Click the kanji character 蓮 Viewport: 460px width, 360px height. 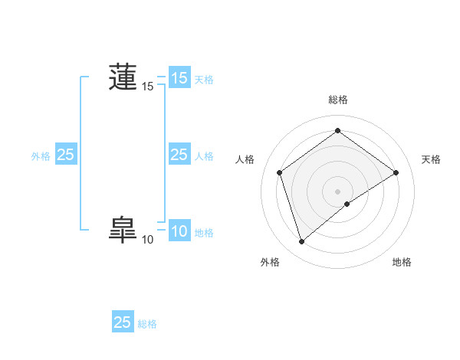tap(123, 77)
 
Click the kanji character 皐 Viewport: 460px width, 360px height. tap(123, 230)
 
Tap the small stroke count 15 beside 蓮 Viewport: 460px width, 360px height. tap(147, 87)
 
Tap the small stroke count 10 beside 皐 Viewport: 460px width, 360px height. tap(147, 240)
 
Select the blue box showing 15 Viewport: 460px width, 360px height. tap(179, 78)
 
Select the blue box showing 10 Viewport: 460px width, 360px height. tap(179, 231)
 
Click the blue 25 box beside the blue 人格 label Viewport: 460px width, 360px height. tap(179, 155)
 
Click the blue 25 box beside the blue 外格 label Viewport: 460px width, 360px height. tap(66, 155)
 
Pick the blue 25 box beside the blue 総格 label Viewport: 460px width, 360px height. tap(123, 322)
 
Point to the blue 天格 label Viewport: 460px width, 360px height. tap(204, 79)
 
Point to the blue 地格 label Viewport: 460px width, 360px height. tap(204, 233)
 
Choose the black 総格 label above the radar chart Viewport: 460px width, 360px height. tap(337, 100)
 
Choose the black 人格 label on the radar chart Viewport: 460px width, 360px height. tap(245, 159)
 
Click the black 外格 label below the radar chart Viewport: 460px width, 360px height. tap(270, 262)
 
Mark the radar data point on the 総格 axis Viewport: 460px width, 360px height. tap(337, 131)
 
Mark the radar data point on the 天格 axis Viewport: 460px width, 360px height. tap(396, 172)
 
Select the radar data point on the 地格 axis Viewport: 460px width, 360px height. tap(347, 204)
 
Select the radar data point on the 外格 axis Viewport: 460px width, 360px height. tap(301, 242)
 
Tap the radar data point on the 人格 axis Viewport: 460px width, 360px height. tap(279, 172)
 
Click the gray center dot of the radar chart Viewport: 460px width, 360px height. tap(337, 191)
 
